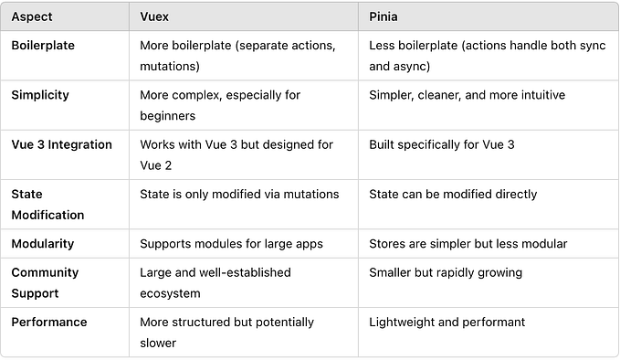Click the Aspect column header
coord(32,17)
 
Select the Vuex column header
coord(155,17)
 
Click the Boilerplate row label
coord(43,45)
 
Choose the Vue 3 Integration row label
coord(61,144)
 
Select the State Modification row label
coord(47,205)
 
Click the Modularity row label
coord(42,244)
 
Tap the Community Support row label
coord(45,282)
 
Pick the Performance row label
coord(49,322)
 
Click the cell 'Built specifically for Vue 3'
coord(442,144)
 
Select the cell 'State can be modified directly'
coord(453,194)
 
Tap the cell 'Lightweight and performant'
coord(447,322)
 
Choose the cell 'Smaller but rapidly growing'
coord(445,272)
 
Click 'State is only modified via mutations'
coord(239,194)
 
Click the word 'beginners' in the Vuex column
coord(169,116)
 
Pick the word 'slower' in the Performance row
coord(158,343)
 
